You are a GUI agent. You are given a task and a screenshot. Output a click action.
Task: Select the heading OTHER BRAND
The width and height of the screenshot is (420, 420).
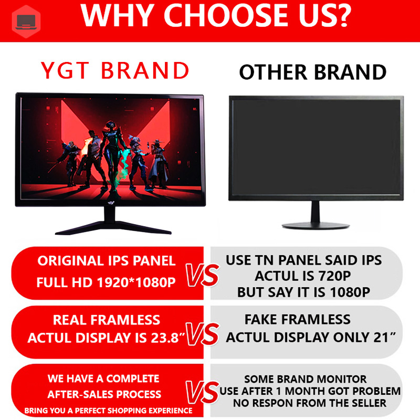(x=313, y=72)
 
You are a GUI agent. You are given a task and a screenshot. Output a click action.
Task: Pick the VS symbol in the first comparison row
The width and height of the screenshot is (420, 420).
(x=202, y=276)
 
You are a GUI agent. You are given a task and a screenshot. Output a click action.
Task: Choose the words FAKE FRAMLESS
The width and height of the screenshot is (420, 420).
(x=297, y=319)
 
